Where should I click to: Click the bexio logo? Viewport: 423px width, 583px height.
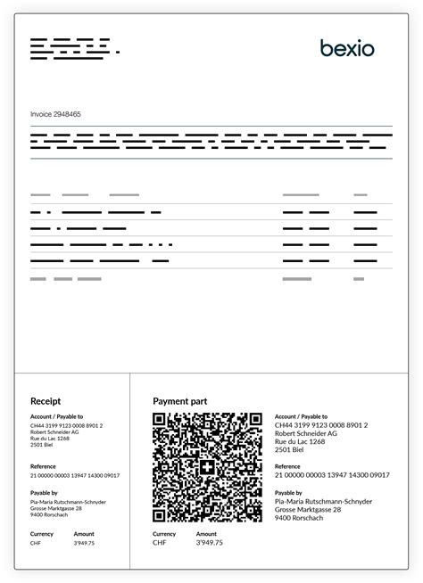tap(347, 47)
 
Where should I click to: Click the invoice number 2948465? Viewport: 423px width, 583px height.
tap(56, 114)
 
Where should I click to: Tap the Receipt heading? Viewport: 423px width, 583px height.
tap(46, 401)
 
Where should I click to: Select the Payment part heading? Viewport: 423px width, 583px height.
tap(180, 401)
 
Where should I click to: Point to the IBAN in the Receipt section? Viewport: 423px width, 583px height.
tap(66, 425)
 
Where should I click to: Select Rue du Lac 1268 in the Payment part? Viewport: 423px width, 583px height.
tap(299, 441)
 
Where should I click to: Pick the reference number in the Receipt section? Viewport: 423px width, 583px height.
tap(75, 475)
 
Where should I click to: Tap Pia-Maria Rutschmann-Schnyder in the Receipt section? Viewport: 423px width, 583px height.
tap(68, 501)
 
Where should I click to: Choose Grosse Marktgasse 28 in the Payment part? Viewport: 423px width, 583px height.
tap(305, 507)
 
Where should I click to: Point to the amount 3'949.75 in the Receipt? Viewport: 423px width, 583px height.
tap(84, 542)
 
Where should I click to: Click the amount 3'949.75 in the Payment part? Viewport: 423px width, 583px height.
tap(210, 542)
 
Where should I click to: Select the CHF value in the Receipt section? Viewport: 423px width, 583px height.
tap(36, 542)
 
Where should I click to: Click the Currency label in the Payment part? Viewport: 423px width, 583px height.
tap(164, 533)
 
